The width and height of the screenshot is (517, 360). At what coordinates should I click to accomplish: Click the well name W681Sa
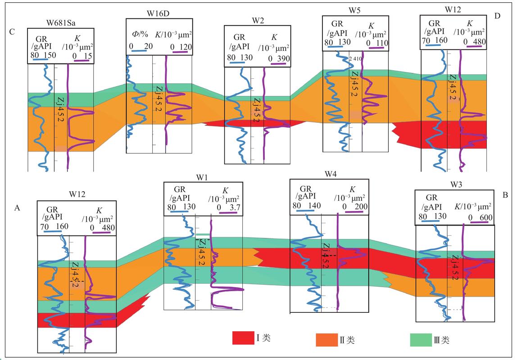61,23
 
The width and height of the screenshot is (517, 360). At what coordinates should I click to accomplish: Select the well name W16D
158,13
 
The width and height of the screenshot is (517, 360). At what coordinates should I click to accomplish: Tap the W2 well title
258,20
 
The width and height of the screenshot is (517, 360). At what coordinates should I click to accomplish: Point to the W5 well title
354,10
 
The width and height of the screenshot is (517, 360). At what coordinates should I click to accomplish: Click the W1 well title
202,178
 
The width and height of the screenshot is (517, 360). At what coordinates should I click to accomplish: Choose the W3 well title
456,184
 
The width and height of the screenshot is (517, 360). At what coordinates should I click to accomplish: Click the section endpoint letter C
12,32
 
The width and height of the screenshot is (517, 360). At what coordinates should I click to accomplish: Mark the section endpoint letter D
498,16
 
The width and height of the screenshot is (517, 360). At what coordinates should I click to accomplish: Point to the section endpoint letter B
505,195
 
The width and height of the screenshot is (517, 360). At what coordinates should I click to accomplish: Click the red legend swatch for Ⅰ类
243,338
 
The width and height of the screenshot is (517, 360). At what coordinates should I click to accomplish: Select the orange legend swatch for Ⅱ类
327,340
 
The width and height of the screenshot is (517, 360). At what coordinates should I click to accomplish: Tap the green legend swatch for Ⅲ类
421,340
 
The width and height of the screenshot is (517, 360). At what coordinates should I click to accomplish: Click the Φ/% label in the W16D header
140,34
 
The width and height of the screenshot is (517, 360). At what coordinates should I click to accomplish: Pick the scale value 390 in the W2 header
283,58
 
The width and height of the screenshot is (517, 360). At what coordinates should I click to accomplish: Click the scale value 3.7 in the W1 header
235,207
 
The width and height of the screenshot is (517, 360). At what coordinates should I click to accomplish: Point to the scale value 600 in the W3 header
486,217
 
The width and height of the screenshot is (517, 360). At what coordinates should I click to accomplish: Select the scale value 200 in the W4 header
361,207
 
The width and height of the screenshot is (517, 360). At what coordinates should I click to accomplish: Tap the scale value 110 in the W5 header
382,43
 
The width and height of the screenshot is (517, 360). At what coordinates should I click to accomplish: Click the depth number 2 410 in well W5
355,58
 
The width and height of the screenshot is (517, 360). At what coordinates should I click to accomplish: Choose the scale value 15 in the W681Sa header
88,56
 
